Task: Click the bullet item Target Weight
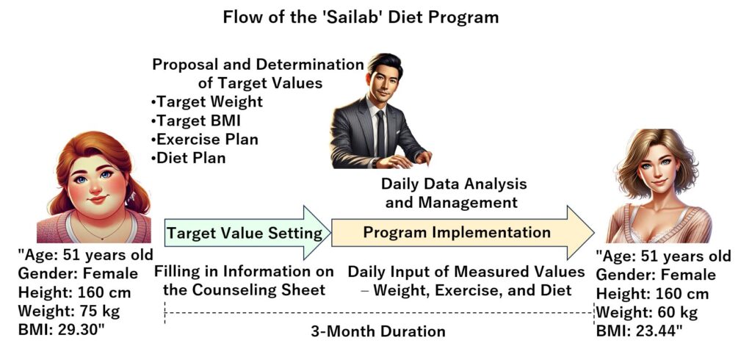click(x=206, y=102)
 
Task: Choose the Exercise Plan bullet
click(x=204, y=139)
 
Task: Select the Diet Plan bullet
click(x=188, y=158)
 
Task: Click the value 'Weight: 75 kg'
click(x=69, y=311)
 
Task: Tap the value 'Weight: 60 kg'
click(x=646, y=313)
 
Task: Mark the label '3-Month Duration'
click(x=378, y=331)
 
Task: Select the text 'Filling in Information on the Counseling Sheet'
click(x=244, y=281)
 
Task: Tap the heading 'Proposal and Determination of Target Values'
click(x=258, y=74)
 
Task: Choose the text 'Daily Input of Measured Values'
click(x=466, y=272)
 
